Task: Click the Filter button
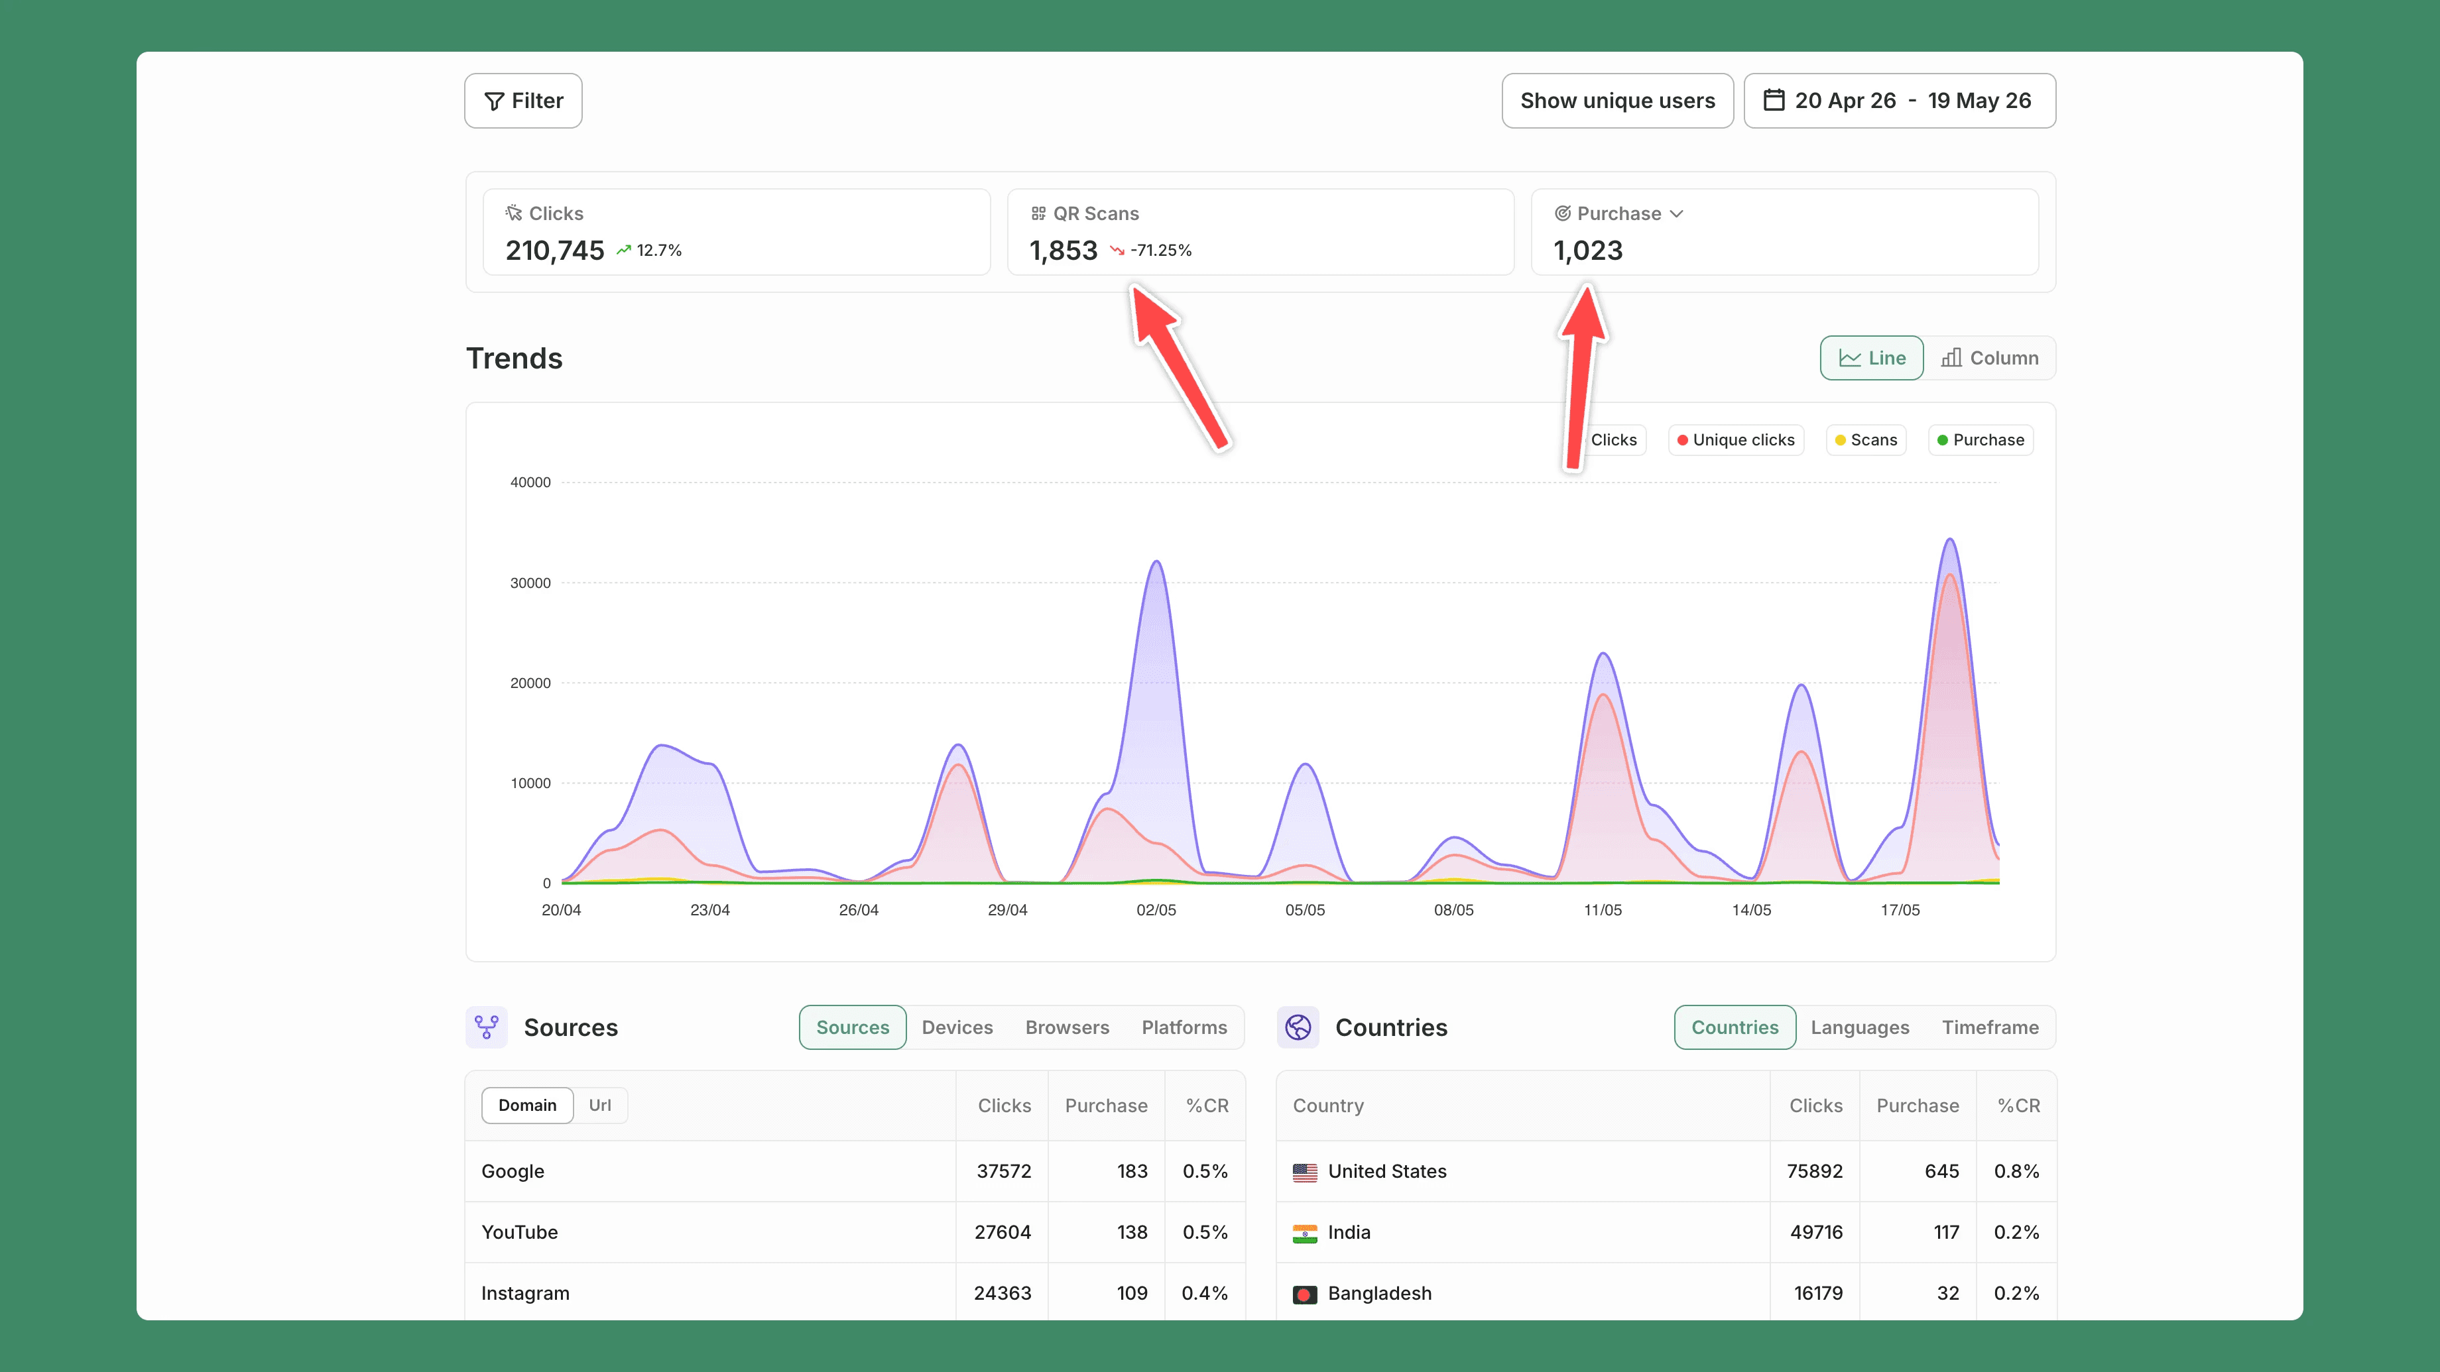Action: pos(523,100)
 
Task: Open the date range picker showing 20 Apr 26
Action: pos(1899,100)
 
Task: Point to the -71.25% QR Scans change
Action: pos(1160,250)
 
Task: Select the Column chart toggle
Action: pos(1989,358)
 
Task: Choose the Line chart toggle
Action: pos(1872,358)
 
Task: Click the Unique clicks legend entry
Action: pos(1737,439)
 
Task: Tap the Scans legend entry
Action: pos(1866,439)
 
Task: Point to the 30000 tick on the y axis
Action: pos(530,583)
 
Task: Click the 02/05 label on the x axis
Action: pos(1156,910)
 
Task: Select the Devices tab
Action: pos(957,1027)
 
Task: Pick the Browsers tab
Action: pos(1067,1027)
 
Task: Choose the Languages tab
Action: pos(1859,1027)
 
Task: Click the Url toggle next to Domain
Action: pos(599,1105)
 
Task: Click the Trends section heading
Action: pos(515,358)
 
